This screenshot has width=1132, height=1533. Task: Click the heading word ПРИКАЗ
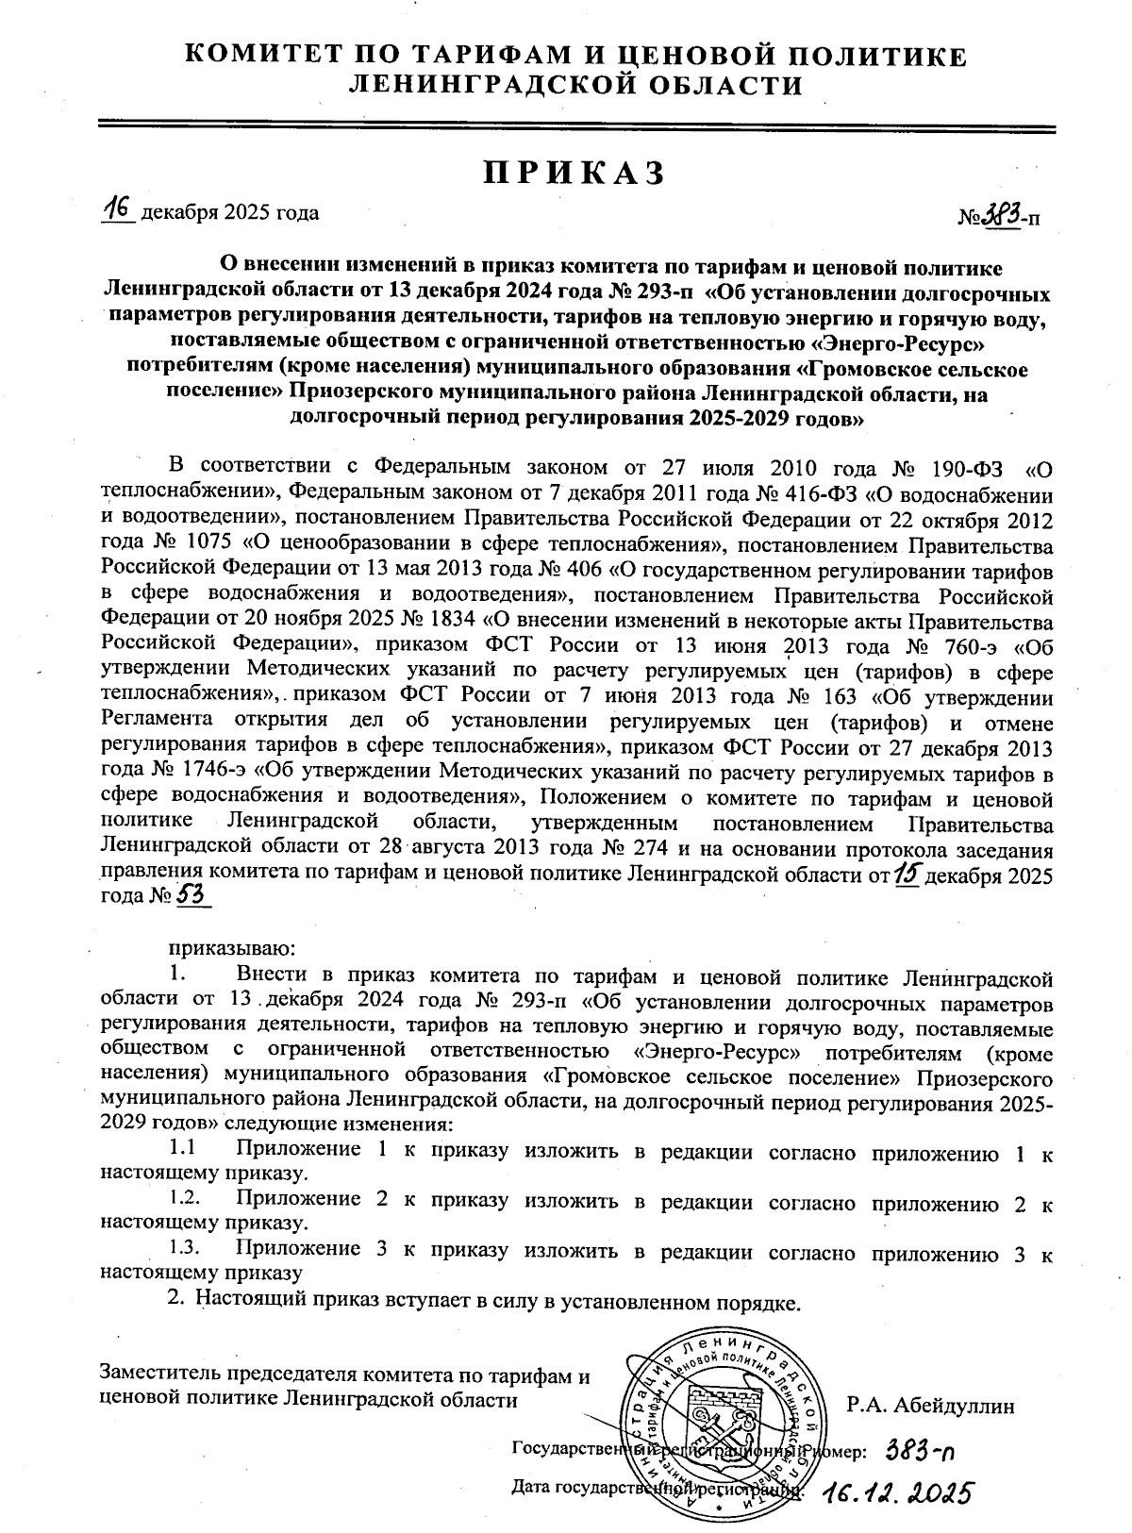574,173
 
